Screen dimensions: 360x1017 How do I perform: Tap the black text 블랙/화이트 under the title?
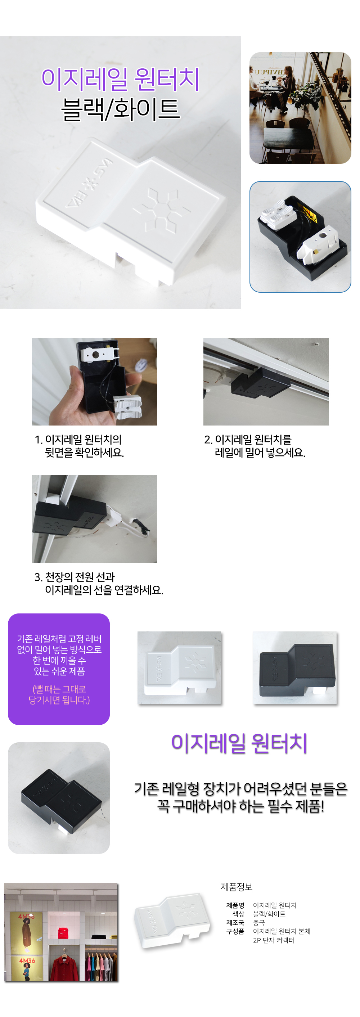coord(120,109)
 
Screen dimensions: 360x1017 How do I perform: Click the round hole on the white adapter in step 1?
coord(95,355)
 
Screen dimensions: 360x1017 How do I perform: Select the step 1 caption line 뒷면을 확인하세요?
coord(85,453)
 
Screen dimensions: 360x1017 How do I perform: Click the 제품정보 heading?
coord(237,887)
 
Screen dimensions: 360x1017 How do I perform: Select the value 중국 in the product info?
coord(259,923)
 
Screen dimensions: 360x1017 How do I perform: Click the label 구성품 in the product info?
coord(235,931)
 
